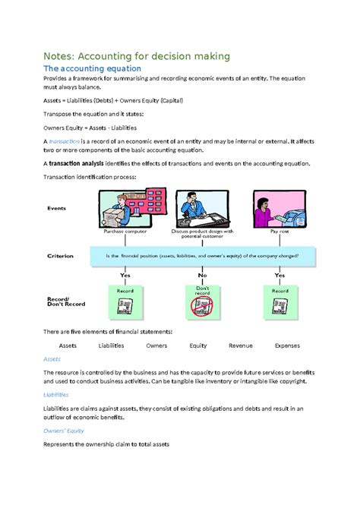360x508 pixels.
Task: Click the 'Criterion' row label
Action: (60, 256)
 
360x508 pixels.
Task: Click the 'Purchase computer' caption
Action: (118, 231)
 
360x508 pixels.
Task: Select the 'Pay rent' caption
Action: (279, 231)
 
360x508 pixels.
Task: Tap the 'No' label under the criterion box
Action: (202, 276)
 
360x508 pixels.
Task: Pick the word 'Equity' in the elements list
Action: (198, 345)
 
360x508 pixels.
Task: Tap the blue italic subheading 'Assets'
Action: (52, 358)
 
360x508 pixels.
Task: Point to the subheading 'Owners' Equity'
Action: (63, 430)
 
